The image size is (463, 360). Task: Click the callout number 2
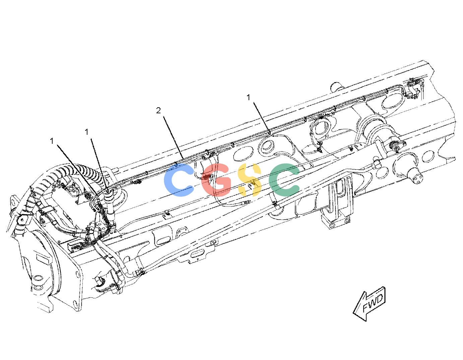158,110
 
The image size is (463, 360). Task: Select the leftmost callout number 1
52,141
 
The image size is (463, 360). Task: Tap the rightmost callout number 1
248,98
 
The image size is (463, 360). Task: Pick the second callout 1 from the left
86,132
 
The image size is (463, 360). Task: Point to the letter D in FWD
380,298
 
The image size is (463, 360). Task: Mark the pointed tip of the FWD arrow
353,313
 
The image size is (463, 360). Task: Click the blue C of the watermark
179,180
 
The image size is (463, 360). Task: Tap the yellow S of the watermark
250,180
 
